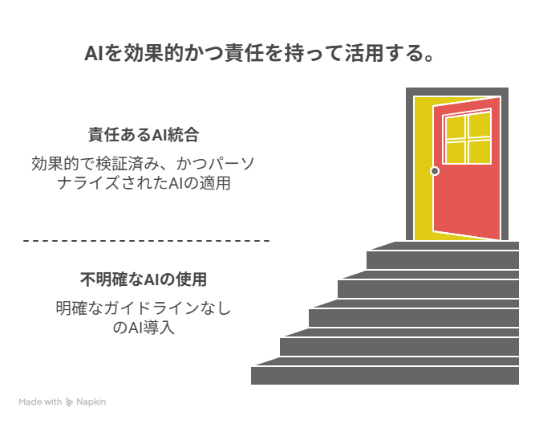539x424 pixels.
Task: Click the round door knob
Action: tap(435, 171)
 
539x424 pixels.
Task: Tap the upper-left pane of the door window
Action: tap(456, 128)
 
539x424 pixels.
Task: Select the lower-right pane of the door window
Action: tap(480, 152)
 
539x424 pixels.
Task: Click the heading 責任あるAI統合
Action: tap(144, 135)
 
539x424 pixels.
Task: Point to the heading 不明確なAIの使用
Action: tap(144, 279)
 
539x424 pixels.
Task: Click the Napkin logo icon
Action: tap(69, 402)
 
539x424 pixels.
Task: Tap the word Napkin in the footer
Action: tap(91, 402)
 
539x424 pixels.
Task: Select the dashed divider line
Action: tap(147, 241)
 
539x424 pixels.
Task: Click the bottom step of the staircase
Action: tap(385, 376)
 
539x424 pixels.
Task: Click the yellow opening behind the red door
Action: tap(423, 169)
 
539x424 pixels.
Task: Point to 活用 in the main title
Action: tap(364, 53)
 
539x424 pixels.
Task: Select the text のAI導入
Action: tap(144, 328)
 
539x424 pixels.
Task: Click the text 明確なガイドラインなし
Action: tap(144, 308)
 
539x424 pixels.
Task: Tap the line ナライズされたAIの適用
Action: tap(144, 183)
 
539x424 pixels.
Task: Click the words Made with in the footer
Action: tap(40, 402)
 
